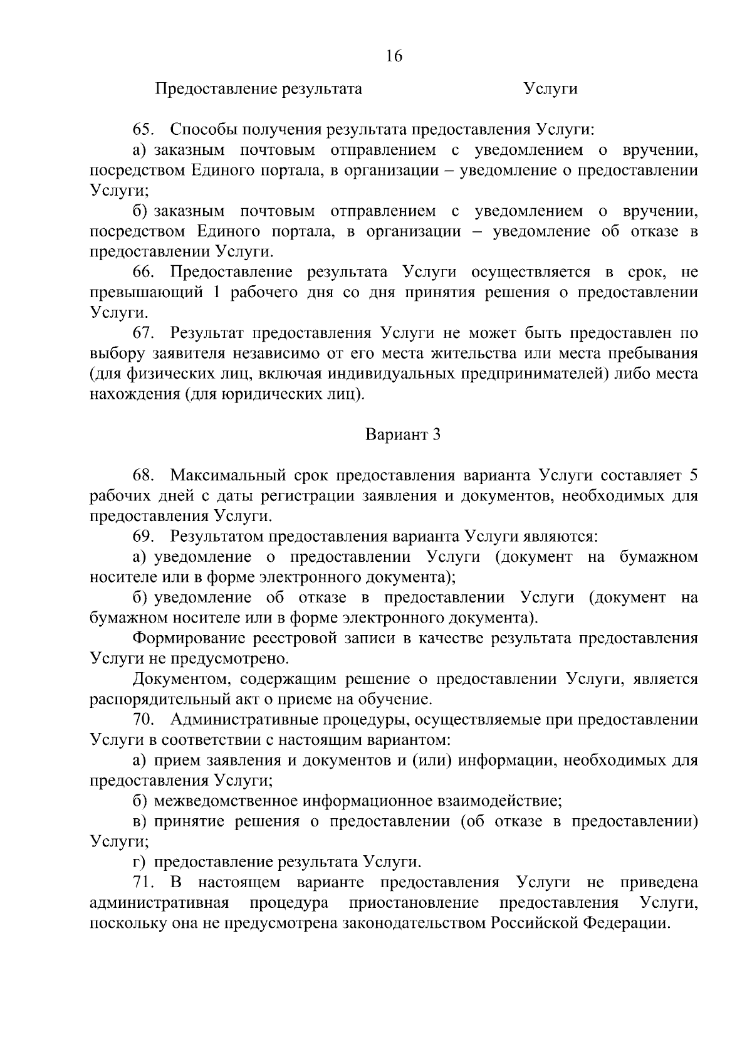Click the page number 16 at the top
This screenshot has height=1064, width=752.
394,56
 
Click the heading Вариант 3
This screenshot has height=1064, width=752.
403,435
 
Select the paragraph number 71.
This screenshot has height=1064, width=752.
143,883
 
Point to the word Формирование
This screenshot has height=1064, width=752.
189,638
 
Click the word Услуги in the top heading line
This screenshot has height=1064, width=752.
551,89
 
